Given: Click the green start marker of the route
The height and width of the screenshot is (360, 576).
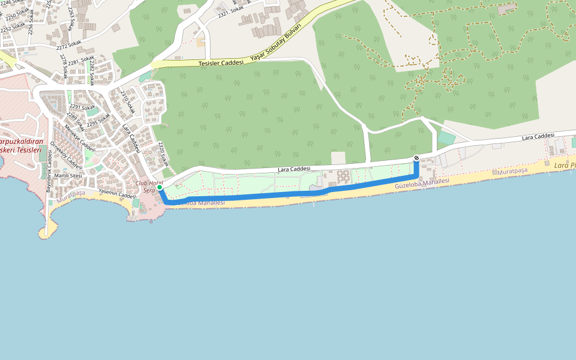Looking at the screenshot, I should (160, 188).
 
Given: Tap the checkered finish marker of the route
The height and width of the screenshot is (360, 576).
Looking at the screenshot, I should (416, 158).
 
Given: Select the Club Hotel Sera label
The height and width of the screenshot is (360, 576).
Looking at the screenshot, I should (149, 187).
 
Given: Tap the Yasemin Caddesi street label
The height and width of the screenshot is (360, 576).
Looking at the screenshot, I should (118, 193).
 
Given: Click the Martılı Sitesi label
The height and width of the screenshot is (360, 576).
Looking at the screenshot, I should (68, 175).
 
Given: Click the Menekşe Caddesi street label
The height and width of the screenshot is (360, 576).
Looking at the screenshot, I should (80, 137).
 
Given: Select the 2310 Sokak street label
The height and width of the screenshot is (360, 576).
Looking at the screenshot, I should (126, 102).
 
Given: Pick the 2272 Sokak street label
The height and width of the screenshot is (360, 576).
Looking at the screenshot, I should (68, 44).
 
